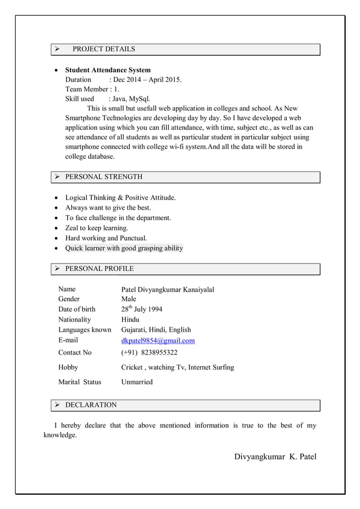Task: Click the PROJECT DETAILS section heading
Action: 104,49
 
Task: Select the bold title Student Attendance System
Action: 108,70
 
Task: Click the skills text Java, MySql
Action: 132,99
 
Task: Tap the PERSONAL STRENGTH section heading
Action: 104,177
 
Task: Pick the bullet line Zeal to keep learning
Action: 96,228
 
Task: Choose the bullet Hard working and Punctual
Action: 106,238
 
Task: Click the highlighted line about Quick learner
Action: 124,248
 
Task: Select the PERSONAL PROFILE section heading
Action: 99,269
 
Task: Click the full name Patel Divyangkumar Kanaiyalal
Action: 168,289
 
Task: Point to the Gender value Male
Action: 129,299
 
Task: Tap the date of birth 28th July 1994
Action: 142,309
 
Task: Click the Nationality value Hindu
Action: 130,319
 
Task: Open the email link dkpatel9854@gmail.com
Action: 158,340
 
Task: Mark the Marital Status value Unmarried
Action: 137,382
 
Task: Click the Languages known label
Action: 85,330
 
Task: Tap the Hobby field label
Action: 68,367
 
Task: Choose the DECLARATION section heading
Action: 91,405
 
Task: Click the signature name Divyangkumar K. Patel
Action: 275,456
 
